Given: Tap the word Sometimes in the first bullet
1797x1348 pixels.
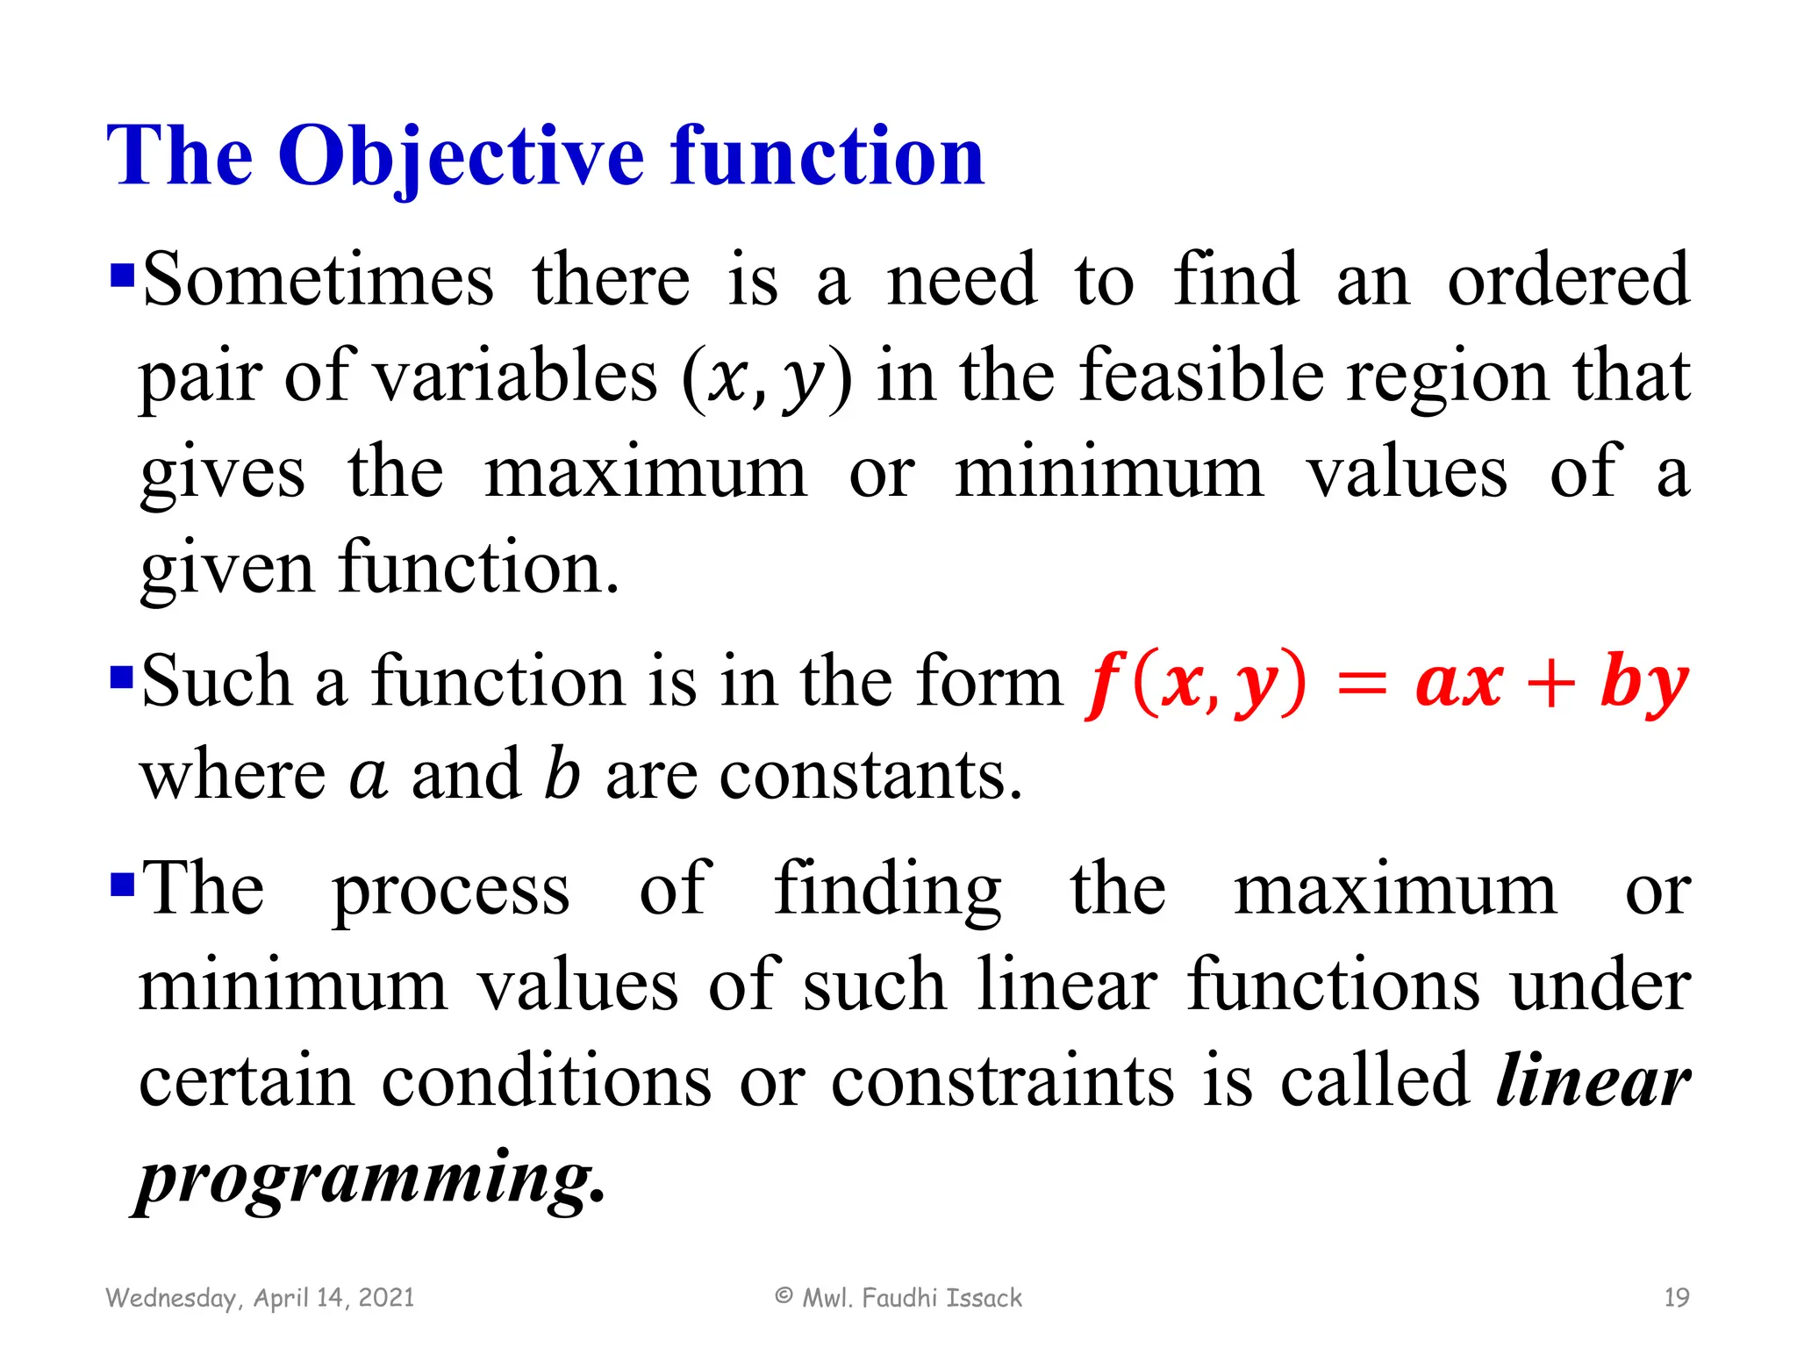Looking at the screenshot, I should tap(318, 281).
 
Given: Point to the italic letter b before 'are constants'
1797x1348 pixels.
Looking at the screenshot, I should tap(562, 774).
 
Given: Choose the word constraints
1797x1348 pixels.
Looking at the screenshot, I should tap(1002, 1081).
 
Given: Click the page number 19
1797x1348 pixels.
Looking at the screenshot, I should tap(1676, 1297).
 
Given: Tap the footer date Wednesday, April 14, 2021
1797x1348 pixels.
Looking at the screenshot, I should tap(260, 1297).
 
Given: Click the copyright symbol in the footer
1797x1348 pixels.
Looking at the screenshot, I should tap(784, 1295).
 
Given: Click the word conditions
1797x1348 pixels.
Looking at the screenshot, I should tap(546, 1081).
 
